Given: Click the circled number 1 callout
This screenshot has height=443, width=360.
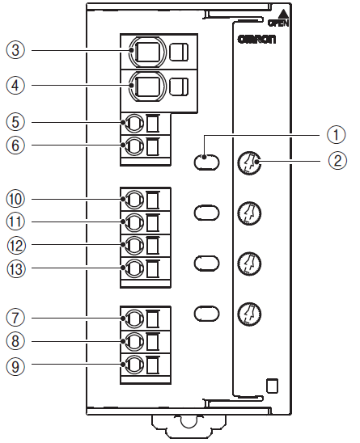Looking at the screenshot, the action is click(337, 134).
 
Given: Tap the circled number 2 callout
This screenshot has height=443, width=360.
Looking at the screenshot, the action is click(337, 161).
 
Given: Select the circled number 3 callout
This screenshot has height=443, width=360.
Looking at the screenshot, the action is click(15, 50).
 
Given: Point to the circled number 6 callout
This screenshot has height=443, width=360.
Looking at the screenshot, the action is click(15, 146).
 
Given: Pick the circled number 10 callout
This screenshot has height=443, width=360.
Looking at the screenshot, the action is click(15, 199).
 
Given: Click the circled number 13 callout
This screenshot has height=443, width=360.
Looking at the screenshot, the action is click(16, 268).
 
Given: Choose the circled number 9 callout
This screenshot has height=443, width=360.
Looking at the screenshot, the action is click(15, 366).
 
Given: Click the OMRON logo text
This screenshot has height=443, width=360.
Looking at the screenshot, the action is click(256, 40).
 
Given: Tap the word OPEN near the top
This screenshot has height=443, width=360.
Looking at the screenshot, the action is click(278, 23).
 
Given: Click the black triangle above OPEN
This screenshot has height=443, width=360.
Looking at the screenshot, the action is click(283, 14).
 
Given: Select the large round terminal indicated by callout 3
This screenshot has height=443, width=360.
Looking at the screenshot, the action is click(146, 52).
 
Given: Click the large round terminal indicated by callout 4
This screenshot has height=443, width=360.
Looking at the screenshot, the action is click(146, 86).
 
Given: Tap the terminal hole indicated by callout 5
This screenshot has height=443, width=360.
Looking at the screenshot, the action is click(134, 123).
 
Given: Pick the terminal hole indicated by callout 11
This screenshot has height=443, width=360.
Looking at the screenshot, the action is click(134, 222).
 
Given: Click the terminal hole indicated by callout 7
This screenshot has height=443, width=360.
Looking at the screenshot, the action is click(134, 319).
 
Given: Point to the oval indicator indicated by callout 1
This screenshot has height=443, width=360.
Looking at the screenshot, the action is click(207, 162).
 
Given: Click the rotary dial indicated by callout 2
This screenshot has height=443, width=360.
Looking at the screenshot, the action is click(249, 162).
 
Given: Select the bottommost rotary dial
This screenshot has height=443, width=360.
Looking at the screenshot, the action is click(249, 314).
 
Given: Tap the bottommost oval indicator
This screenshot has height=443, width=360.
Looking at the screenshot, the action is click(207, 314).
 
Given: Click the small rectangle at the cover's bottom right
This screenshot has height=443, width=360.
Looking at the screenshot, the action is click(273, 386).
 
